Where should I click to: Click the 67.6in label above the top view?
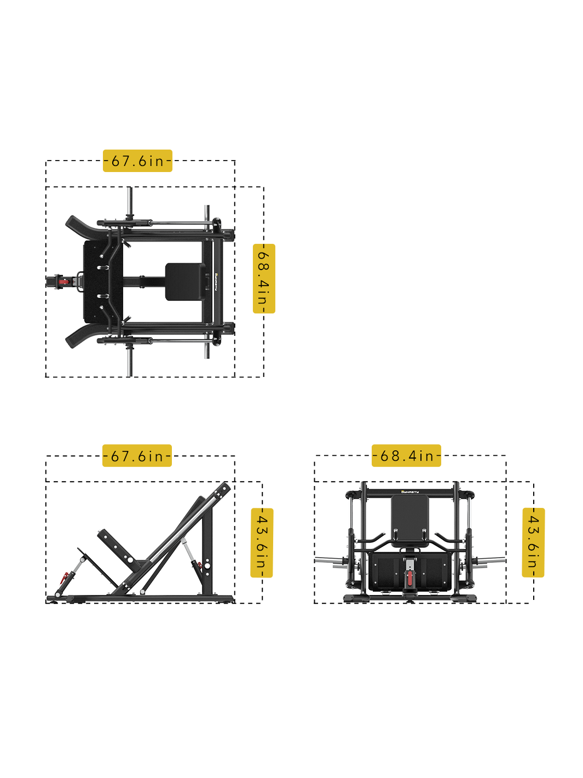(x=137, y=161)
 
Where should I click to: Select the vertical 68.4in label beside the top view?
(x=264, y=278)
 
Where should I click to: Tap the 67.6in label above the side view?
(x=137, y=455)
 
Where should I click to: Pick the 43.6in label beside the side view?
(x=262, y=542)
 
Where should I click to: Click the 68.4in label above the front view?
(x=406, y=455)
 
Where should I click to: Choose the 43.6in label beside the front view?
(x=533, y=542)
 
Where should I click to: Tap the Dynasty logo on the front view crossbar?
(x=409, y=491)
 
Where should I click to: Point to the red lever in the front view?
(x=409, y=577)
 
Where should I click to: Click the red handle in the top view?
(x=64, y=282)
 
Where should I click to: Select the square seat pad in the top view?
(x=186, y=282)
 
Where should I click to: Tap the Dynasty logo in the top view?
(x=216, y=282)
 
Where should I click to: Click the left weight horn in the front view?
(x=329, y=560)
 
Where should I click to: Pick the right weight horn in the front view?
(x=490, y=560)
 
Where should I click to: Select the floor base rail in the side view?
(x=142, y=599)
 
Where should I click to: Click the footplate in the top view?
(x=103, y=282)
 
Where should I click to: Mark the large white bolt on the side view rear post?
(x=207, y=566)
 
